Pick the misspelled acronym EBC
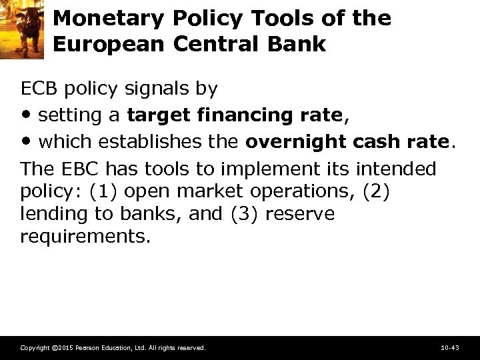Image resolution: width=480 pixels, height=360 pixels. pos(71,168)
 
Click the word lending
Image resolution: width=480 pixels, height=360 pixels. pos(48,214)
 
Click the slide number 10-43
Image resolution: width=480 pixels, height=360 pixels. pos(450,347)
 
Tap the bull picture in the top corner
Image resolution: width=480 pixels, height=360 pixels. pos(22,29)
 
